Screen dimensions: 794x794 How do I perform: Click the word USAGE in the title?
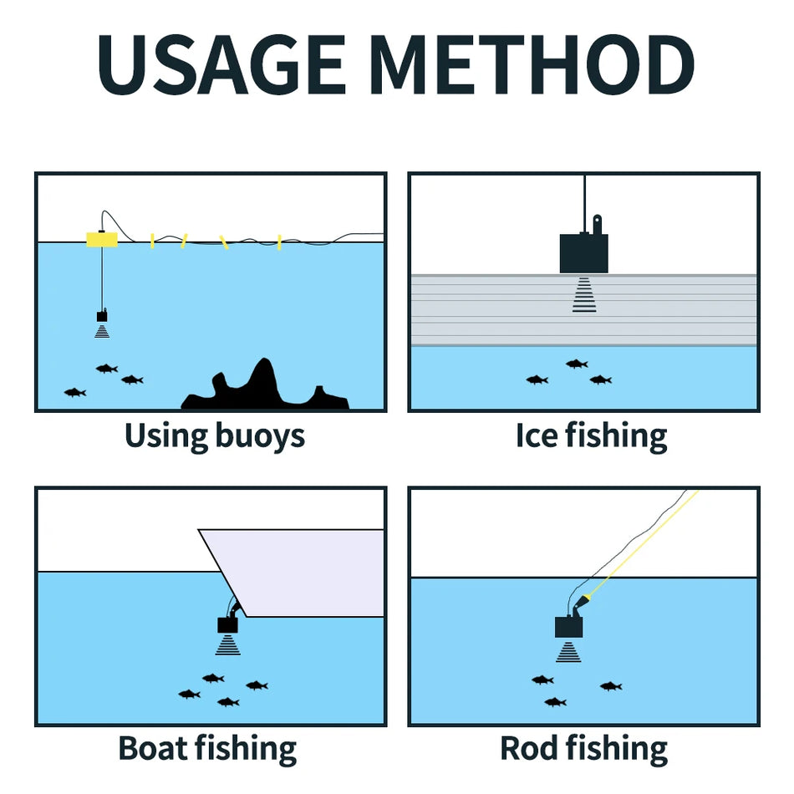pyautogui.click(x=221, y=64)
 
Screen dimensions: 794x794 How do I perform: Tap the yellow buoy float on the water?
pyautogui.click(x=101, y=240)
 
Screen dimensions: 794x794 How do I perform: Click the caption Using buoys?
pyautogui.click(x=214, y=435)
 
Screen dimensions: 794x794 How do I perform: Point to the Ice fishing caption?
pyautogui.click(x=591, y=435)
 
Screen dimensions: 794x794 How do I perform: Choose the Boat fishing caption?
pyautogui.click(x=207, y=748)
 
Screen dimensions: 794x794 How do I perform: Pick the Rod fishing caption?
pyautogui.click(x=583, y=748)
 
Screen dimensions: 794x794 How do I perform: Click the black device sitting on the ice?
pyautogui.click(x=583, y=252)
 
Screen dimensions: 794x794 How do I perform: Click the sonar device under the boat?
pyautogui.click(x=227, y=624)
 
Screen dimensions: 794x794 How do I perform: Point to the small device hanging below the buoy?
pyautogui.click(x=102, y=317)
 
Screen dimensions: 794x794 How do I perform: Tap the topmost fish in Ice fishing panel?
pyautogui.click(x=577, y=364)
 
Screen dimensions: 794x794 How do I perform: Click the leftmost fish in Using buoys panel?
pyautogui.click(x=75, y=392)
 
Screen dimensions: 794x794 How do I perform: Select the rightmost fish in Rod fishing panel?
pyautogui.click(x=611, y=686)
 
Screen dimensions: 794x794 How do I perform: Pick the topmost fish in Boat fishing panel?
pyautogui.click(x=213, y=678)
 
